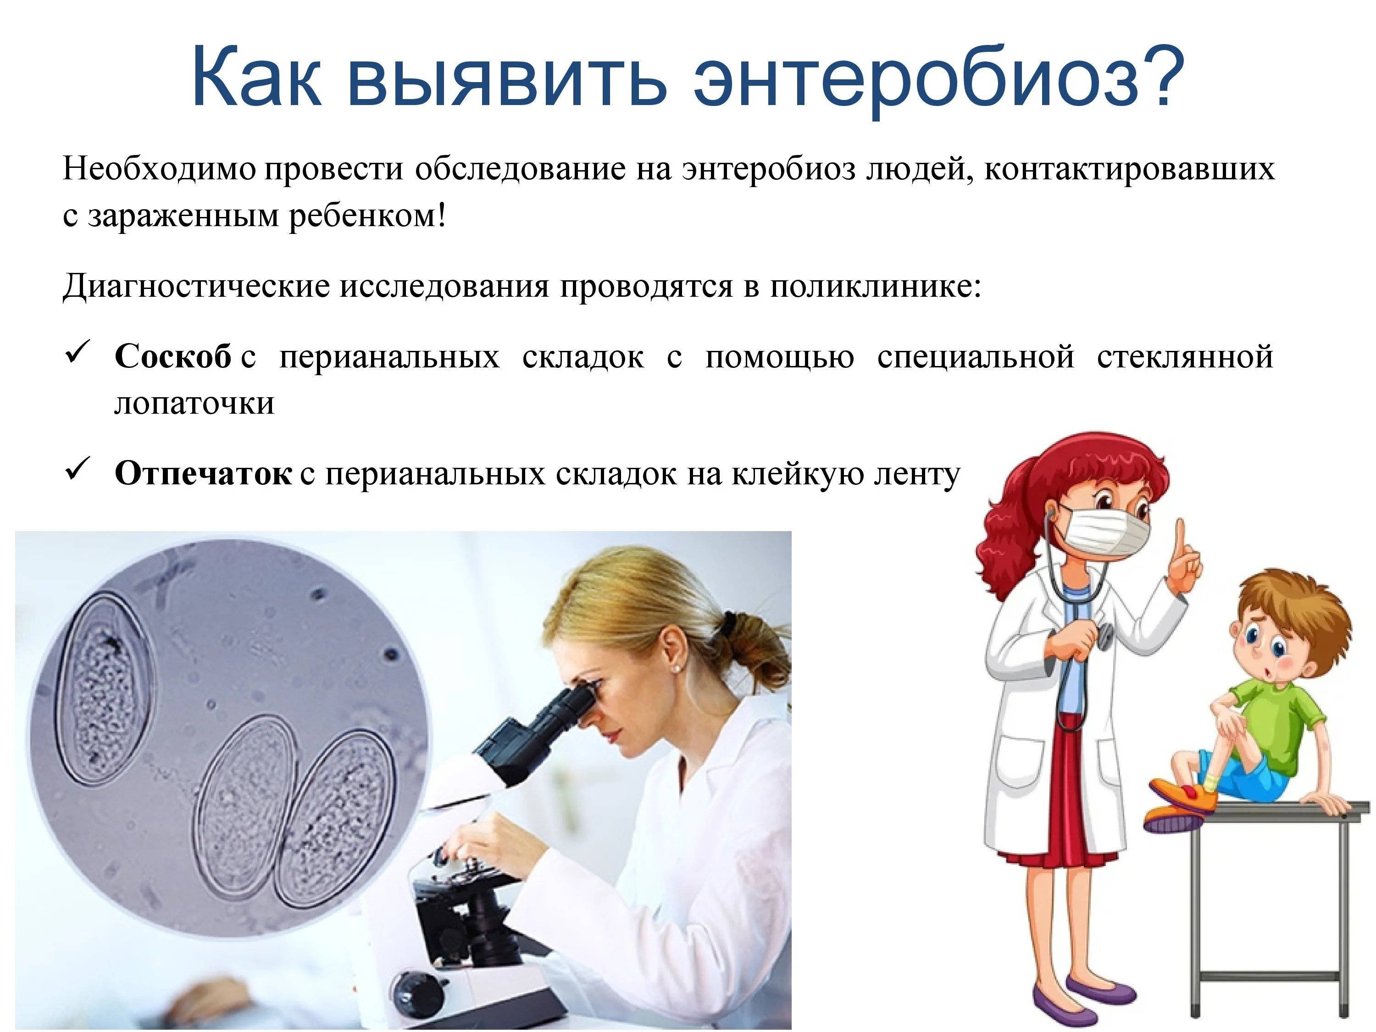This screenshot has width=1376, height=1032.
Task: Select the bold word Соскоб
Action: coord(173,357)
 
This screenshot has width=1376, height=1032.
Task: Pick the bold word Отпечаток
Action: coord(203,474)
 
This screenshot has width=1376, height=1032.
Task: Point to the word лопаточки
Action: coord(194,404)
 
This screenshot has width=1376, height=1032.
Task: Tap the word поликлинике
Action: coord(875,287)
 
